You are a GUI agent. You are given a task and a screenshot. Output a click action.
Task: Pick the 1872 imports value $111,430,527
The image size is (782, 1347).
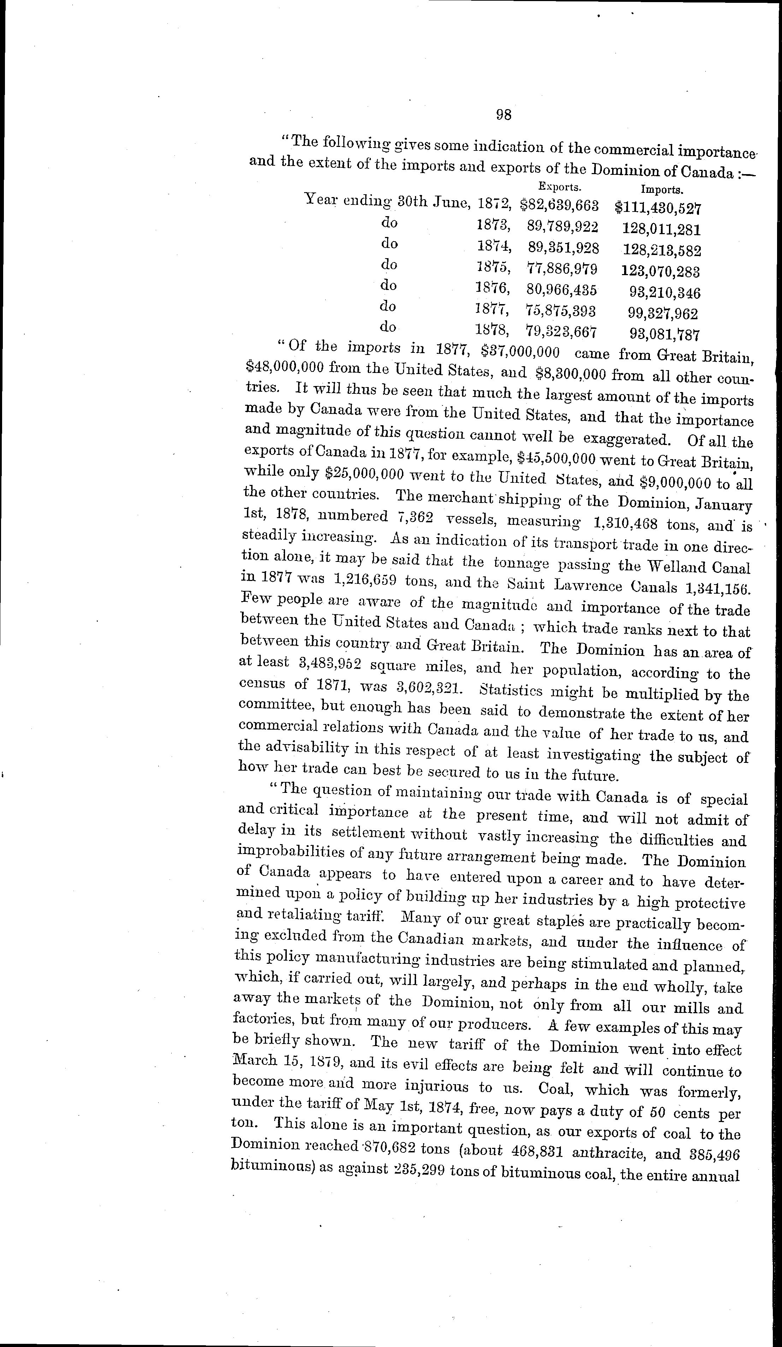pos(657,208)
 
